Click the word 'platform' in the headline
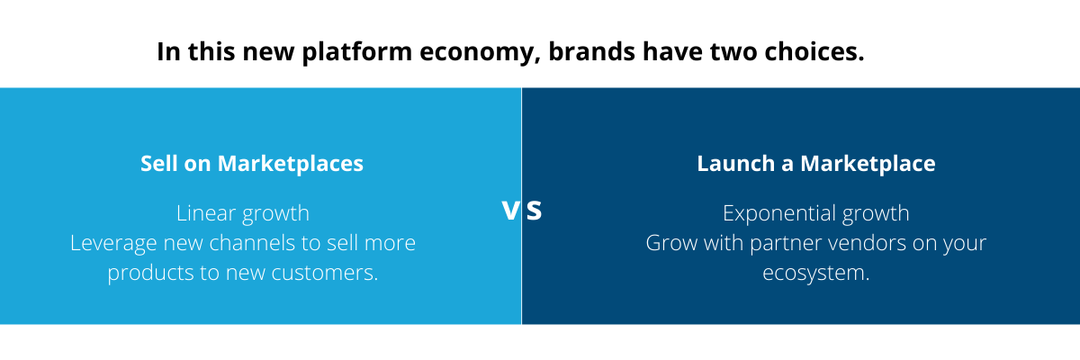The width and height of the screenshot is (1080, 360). [x=356, y=52]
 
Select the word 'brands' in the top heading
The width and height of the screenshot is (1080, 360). [x=591, y=51]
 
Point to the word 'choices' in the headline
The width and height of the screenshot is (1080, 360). [x=814, y=51]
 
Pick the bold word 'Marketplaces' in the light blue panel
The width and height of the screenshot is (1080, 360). [x=290, y=164]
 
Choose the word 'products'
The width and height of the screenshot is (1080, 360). [x=150, y=274]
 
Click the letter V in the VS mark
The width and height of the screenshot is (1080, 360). [x=510, y=211]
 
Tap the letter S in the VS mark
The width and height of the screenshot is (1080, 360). [x=534, y=211]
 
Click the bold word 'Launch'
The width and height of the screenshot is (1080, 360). [x=736, y=164]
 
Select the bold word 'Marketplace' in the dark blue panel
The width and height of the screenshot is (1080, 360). [x=868, y=164]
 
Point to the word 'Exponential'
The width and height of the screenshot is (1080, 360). [x=778, y=214]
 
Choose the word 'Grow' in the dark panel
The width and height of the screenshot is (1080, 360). [x=671, y=243]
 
